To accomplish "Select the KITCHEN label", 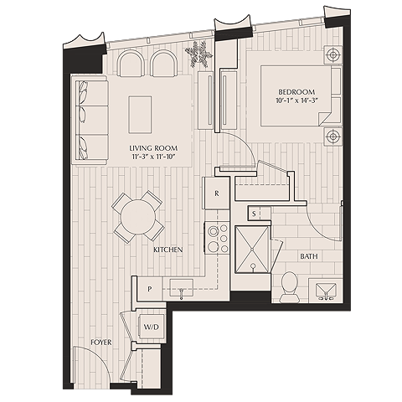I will (167, 250).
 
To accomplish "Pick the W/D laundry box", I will (152, 325).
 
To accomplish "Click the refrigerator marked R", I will (217, 193).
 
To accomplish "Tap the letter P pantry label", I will (149, 289).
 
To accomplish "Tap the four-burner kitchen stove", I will (217, 236).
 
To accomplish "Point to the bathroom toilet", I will (289, 286).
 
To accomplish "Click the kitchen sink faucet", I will (182, 291).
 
